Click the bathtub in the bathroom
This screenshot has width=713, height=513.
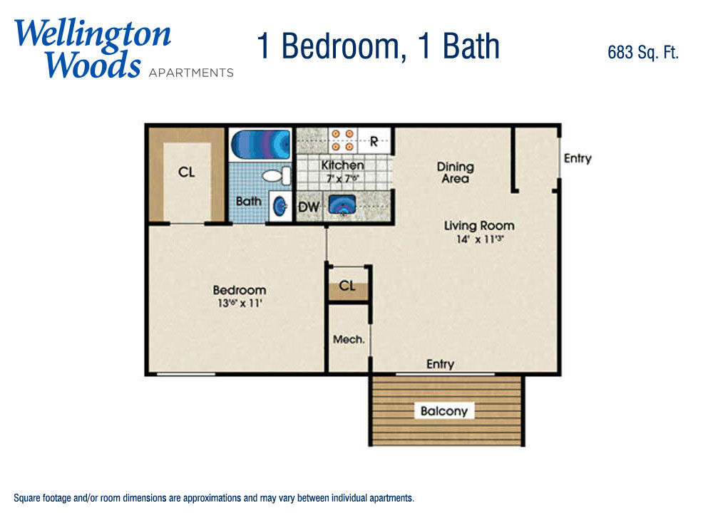pyautogui.click(x=260, y=144)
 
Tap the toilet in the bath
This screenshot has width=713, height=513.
pyautogui.click(x=277, y=175)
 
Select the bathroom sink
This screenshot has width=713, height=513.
pyautogui.click(x=280, y=207)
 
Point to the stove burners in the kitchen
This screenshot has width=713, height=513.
pyautogui.click(x=342, y=140)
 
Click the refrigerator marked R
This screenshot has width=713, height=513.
pyautogui.click(x=374, y=141)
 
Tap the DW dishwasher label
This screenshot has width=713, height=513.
pyautogui.click(x=309, y=207)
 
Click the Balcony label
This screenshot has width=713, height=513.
pyautogui.click(x=443, y=411)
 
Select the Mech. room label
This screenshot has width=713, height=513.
pyautogui.click(x=349, y=339)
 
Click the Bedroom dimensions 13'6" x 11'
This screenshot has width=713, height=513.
pyautogui.click(x=240, y=303)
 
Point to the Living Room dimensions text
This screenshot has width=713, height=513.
pyautogui.click(x=480, y=239)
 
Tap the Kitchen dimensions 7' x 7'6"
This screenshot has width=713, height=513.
pyautogui.click(x=342, y=178)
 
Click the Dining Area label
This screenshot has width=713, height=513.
pyautogui.click(x=455, y=172)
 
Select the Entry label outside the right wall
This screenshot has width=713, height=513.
pyautogui.click(x=578, y=159)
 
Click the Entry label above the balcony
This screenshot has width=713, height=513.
pyautogui.click(x=440, y=364)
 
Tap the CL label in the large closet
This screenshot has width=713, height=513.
pyautogui.click(x=186, y=172)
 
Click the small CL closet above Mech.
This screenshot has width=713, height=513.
pyautogui.click(x=347, y=285)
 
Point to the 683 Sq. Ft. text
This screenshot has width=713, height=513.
pyautogui.click(x=643, y=52)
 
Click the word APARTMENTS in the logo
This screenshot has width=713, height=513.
pyautogui.click(x=191, y=73)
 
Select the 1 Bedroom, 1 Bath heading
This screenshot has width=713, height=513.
pyautogui.click(x=379, y=46)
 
